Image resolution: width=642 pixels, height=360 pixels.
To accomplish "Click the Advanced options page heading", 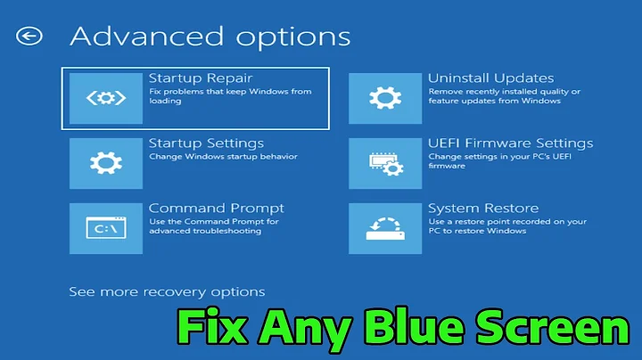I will (x=210, y=37).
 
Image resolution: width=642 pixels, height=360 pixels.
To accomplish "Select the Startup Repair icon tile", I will (x=105, y=97).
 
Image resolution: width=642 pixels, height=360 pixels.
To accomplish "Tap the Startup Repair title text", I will (x=200, y=78).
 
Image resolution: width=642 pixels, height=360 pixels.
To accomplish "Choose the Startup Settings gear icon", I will (x=105, y=162).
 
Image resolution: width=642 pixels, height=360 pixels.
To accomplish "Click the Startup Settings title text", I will (x=206, y=143).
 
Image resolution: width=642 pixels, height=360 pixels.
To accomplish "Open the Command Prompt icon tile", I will (x=105, y=228).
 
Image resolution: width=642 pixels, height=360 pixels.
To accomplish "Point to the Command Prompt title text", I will (x=217, y=209).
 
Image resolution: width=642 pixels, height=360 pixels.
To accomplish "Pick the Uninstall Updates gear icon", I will (x=385, y=97).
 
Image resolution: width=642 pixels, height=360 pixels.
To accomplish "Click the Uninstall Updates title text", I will (x=490, y=78).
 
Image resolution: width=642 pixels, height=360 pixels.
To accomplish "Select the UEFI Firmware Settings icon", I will (x=385, y=162).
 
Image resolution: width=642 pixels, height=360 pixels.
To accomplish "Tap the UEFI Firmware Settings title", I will (x=510, y=143).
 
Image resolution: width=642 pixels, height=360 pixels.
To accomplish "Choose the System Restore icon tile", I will (x=385, y=228).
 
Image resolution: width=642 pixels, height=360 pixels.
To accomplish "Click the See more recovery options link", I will (x=167, y=291).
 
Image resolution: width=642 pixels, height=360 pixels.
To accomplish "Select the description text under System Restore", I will (x=506, y=225).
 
